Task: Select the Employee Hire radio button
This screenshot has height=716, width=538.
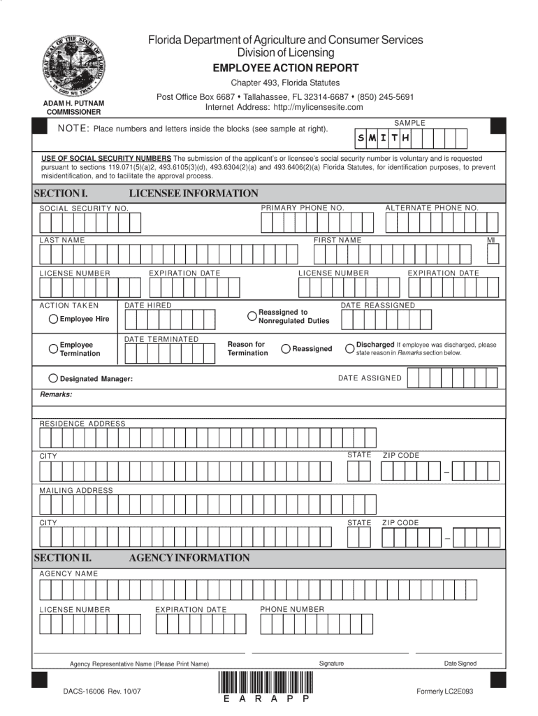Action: [53, 320]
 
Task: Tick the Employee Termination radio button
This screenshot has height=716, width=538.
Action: [53, 348]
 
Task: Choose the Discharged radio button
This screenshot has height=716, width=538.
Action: [349, 348]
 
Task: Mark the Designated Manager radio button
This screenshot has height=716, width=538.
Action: [53, 378]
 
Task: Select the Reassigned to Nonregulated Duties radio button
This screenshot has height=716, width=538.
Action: [252, 316]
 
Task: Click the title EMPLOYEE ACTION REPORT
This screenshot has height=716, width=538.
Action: [286, 68]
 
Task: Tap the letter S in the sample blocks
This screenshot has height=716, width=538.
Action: [361, 138]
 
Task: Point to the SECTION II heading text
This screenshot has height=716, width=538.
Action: [63, 558]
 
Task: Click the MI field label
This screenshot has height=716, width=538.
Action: [491, 241]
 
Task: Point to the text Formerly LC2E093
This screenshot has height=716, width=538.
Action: [444, 692]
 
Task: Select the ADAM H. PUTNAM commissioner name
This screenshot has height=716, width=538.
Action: [74, 103]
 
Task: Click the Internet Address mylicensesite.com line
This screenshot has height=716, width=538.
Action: [284, 107]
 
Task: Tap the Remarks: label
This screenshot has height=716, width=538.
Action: [56, 394]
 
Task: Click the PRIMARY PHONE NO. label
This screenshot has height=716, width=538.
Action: [303, 208]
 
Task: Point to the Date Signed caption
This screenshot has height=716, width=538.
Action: [460, 663]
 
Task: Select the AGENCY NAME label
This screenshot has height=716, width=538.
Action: [68, 573]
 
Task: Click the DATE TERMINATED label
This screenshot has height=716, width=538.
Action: [161, 339]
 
